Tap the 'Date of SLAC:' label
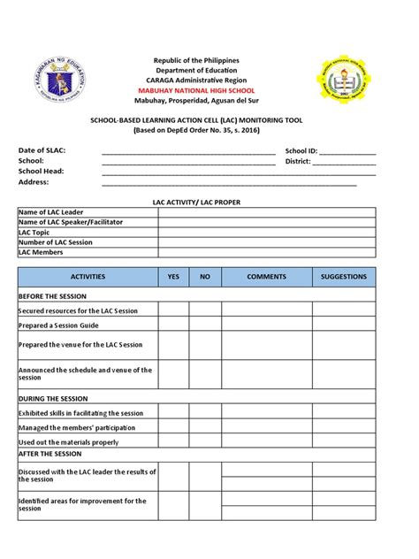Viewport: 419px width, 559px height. [x=42, y=150]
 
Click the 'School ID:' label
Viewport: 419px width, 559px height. [x=301, y=150]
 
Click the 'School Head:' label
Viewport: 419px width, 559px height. [x=41, y=172]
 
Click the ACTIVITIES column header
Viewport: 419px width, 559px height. [x=88, y=277]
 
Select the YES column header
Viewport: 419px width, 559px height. [x=173, y=277]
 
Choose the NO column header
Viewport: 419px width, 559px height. [x=205, y=277]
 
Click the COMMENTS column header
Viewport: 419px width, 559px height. [x=267, y=277]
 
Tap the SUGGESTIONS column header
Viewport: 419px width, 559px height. [x=344, y=277]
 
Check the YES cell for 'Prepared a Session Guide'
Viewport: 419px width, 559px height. [x=173, y=326]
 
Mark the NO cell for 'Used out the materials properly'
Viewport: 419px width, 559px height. [x=205, y=442]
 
